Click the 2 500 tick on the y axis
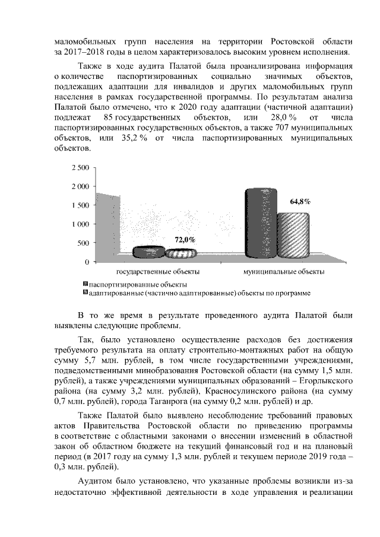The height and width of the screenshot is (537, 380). [x=80, y=168]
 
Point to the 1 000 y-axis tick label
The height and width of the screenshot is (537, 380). [x=80, y=224]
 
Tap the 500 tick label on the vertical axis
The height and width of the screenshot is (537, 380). [x=83, y=243]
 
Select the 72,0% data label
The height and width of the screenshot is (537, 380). [x=185, y=239]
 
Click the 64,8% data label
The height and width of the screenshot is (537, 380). [x=300, y=201]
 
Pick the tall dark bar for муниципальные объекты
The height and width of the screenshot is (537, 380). [x=261, y=223]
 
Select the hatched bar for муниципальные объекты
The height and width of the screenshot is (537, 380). [x=294, y=234]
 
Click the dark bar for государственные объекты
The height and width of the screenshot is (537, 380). [x=147, y=252]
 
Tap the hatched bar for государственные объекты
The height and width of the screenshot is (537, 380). [x=180, y=253]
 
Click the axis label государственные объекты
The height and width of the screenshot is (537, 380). [x=157, y=272]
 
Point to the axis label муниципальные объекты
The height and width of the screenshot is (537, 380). [x=284, y=272]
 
